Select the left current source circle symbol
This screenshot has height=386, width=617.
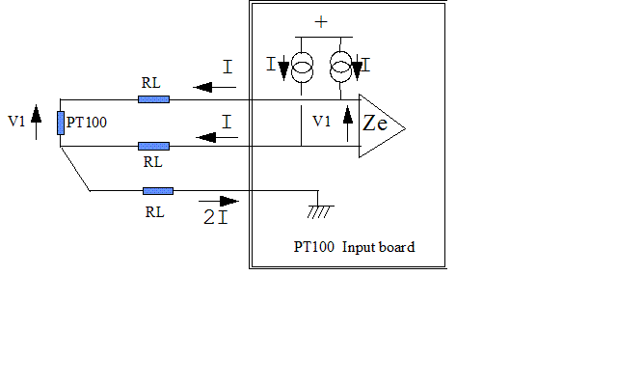click(x=303, y=68)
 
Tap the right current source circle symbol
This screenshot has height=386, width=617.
click(x=340, y=69)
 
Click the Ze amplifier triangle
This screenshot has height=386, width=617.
click(x=379, y=125)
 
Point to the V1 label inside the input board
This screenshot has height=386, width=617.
click(x=321, y=122)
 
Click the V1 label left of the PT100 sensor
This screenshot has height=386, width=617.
click(x=16, y=122)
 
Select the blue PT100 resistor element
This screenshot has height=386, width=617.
click(x=60, y=123)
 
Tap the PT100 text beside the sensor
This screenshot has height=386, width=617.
click(x=87, y=124)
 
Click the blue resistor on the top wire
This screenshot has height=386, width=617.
click(x=153, y=98)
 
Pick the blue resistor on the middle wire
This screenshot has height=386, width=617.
click(x=153, y=146)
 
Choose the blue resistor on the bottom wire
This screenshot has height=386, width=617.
click(x=157, y=191)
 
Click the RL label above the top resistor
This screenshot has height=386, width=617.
click(x=151, y=83)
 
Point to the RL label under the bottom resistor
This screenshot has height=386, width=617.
click(x=154, y=211)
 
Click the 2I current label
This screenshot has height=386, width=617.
click(x=215, y=217)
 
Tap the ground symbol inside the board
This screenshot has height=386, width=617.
click(x=318, y=208)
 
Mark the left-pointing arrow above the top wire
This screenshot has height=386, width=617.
click(x=215, y=87)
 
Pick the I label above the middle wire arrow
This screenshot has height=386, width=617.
click(x=227, y=123)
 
